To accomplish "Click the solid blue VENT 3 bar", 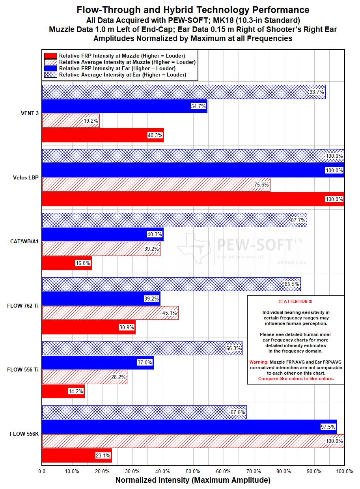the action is (125, 106).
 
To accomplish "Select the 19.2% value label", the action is (91, 121).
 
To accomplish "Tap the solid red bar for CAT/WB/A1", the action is (67, 263).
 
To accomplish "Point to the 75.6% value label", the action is (261, 185).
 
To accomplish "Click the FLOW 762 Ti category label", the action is (23, 306).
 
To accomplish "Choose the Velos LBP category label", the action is (26, 177).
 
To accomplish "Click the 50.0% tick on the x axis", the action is (193, 471).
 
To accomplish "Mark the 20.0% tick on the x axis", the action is (102, 471).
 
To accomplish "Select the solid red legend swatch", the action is (50, 56).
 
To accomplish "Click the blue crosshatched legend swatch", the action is (50, 75).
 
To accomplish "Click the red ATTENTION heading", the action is (296, 301).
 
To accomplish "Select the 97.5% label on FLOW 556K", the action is (328, 427).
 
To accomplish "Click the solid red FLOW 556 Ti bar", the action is (63, 391).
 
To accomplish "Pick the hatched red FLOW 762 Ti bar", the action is (110, 313).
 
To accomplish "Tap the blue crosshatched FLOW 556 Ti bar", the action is (142, 348).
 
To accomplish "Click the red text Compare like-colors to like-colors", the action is (296, 379).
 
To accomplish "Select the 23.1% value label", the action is (103, 455).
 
